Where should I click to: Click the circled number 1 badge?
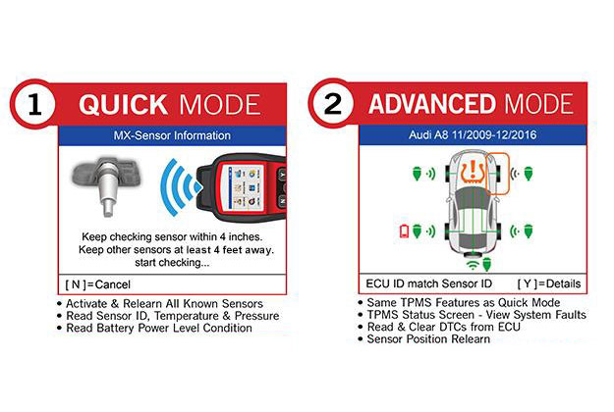tap(34, 104)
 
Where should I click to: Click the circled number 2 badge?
tap(333, 104)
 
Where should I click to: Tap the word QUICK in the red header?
tap(124, 105)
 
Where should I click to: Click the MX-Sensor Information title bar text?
tap(172, 135)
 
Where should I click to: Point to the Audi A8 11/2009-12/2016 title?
tap(473, 135)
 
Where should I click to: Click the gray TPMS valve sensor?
tap(106, 184)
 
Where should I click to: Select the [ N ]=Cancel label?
tap(98, 284)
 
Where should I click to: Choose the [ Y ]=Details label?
tap(549, 283)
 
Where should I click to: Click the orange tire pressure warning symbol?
tap(474, 172)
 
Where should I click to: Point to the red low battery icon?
tap(404, 232)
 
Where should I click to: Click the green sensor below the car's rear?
tap(486, 264)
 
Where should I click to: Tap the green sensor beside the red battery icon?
tap(417, 231)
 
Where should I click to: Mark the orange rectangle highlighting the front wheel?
tap(486, 174)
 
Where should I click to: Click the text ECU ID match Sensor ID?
tap(428, 283)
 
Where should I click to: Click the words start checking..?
tap(172, 262)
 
